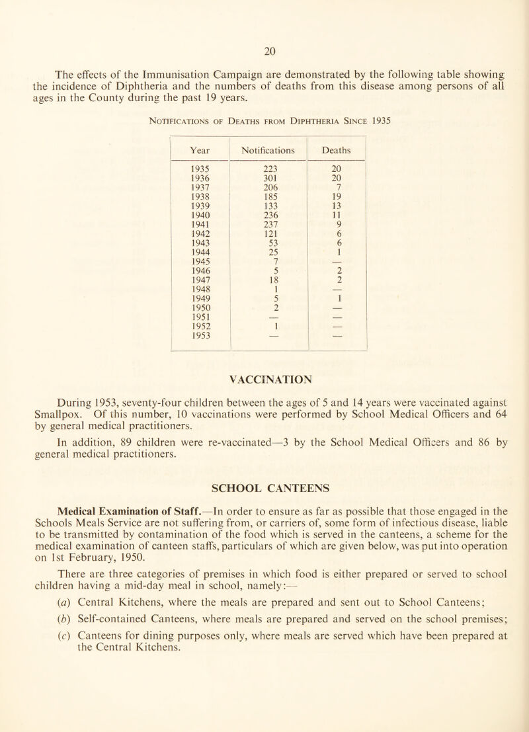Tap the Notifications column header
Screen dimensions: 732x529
coord(267,149)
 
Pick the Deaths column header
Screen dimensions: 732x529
coord(337,149)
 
